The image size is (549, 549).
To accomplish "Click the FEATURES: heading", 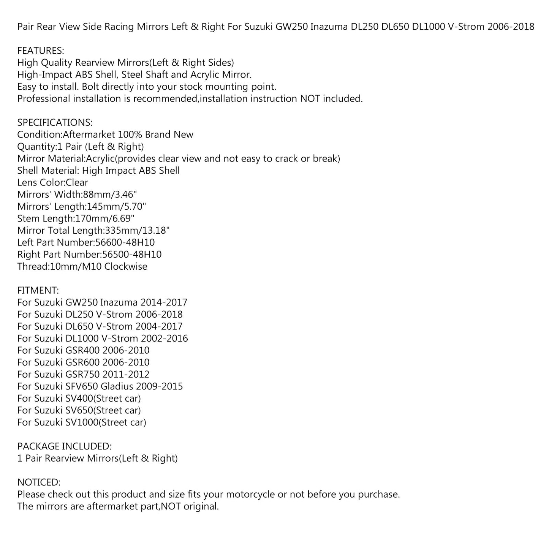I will point(41,51).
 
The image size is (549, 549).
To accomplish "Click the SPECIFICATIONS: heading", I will point(55,122).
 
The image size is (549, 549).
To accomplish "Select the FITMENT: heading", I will point(38,290).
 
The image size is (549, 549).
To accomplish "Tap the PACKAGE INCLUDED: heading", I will point(64,446).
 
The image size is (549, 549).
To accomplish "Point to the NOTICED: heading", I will point(39,482).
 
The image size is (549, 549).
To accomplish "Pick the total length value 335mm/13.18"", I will point(137,230).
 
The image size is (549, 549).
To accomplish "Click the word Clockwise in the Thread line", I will point(126,266).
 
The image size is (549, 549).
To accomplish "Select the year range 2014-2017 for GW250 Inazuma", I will point(164,302).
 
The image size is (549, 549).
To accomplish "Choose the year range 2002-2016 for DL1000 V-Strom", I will point(164,338).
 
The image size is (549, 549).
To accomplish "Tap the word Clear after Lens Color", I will point(77,182).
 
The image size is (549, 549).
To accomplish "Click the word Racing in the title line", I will point(119,27).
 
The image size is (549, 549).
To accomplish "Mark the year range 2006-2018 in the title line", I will point(511,27).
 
